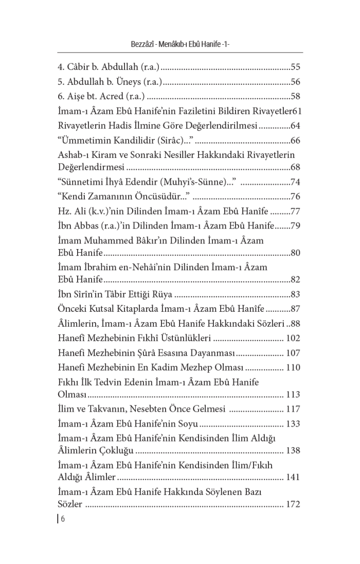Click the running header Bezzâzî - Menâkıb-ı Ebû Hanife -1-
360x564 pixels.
(180, 45)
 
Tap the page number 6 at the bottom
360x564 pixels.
(63, 518)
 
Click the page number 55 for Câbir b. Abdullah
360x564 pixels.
(295, 67)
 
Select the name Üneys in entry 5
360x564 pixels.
(129, 81)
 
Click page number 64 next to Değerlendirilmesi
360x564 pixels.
(295, 125)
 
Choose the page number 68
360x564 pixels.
(295, 167)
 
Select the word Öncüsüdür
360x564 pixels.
(165, 196)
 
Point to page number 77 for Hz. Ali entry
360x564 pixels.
(295, 211)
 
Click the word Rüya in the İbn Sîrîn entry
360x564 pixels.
(161, 294)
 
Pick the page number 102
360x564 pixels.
(293, 338)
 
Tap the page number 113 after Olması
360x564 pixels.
(293, 395)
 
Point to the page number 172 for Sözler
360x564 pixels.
(293, 504)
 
